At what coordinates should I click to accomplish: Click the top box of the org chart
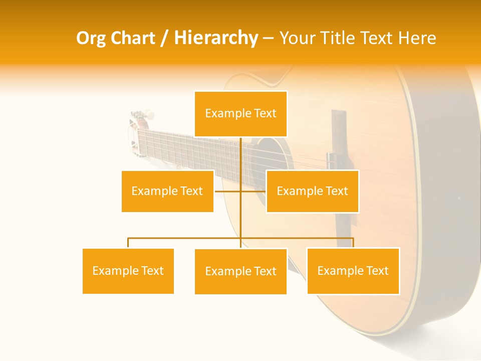coord(241,114)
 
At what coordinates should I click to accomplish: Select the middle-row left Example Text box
coord(167,191)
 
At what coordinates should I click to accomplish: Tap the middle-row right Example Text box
coord(312,191)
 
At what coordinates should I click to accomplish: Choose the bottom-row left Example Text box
coord(128,271)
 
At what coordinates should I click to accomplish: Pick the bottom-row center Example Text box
coord(241,271)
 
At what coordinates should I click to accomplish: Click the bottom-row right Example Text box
coord(353,271)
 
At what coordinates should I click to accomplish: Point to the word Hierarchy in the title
coord(215,38)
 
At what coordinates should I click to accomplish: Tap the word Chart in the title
coord(133,38)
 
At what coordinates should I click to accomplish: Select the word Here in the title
coord(417,38)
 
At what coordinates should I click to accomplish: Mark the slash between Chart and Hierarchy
coord(164,38)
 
